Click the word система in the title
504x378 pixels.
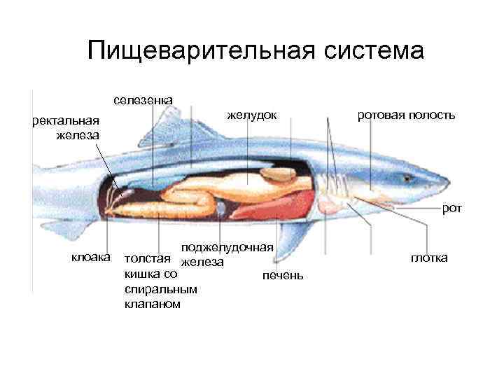[x=370, y=51]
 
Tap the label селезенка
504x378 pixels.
[x=143, y=99]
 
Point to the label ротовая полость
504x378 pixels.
[x=406, y=114]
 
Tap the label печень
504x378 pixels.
[x=283, y=275]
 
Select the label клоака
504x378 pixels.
[x=91, y=258]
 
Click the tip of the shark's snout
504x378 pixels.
[x=446, y=183]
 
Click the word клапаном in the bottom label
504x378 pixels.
[x=152, y=304]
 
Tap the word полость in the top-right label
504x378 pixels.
[x=433, y=114]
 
